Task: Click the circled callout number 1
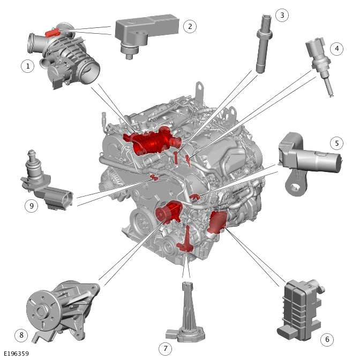[27, 66]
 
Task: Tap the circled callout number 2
[190, 26]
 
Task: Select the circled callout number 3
[282, 15]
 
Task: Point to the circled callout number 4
[336, 48]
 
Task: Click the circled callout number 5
[336, 143]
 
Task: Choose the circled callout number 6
[327, 339]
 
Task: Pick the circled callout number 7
[166, 349]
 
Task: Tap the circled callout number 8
[21, 335]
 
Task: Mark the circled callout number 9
[31, 206]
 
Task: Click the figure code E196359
[16, 354]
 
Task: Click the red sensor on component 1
[52, 33]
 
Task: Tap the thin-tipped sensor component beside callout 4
[320, 64]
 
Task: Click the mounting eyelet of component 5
[294, 187]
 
